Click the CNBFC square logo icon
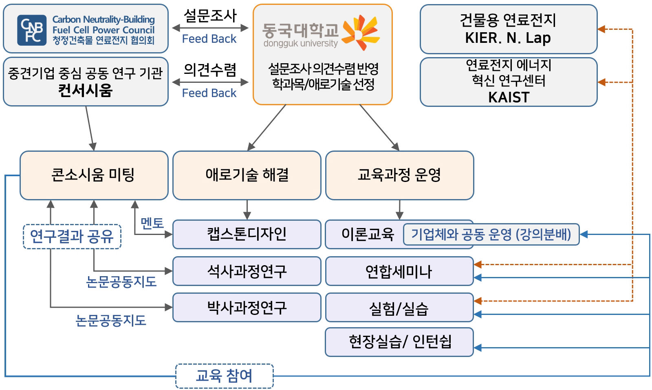point(32,31)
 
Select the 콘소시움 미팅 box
point(94,175)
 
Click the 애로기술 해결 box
point(247,175)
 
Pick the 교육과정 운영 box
point(399,175)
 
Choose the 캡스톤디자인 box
point(247,234)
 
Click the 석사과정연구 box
point(247,271)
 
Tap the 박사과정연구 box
point(247,307)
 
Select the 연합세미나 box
point(399,271)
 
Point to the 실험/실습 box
point(399,308)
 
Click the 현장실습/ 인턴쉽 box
point(399,342)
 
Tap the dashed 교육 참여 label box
point(224,376)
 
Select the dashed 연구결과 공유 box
point(72,236)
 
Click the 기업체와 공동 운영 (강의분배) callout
point(491,234)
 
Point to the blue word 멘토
point(152,223)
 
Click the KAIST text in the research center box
point(509,97)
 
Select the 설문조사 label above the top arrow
point(210,16)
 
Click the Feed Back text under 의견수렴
point(209,93)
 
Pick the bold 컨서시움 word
point(85,90)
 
